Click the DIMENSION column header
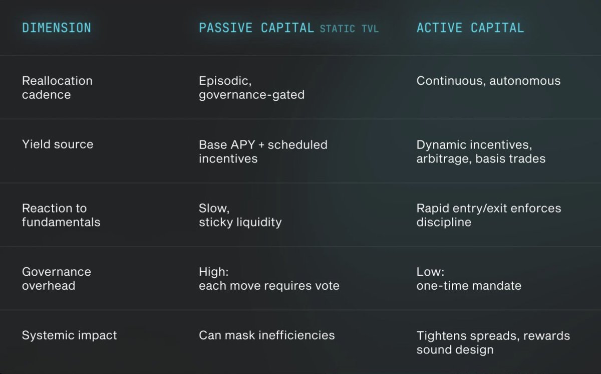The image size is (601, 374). coord(57,28)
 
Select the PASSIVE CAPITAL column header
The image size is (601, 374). coord(256,28)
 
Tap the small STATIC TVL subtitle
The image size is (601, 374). coord(350,29)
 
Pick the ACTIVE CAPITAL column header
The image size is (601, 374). coord(470,28)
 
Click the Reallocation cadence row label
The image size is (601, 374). coord(57,88)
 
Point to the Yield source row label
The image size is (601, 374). coord(58,144)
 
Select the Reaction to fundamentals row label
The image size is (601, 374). coord(61,215)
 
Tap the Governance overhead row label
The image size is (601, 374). coord(57,279)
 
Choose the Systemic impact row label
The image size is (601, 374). coord(70,335)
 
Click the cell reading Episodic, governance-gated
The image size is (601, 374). coord(251,88)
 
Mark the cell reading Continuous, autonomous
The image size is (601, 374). coord(489,81)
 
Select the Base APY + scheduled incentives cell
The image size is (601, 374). coord(263,151)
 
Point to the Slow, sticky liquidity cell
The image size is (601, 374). coord(240,215)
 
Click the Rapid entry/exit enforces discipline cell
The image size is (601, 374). coord(489,215)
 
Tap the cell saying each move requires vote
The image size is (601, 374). coord(269,286)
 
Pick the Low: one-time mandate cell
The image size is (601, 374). coord(469,279)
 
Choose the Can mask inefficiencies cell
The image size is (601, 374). coord(267,335)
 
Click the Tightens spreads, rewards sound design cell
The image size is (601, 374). coord(493,342)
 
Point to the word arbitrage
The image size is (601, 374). coord(444,159)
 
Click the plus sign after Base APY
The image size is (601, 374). coord(261,145)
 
